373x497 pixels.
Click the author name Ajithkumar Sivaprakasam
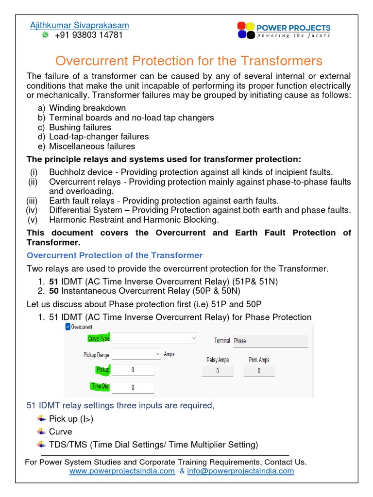pos(80,25)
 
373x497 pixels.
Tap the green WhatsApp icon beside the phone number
pos(45,35)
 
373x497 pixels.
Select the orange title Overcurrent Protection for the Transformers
pos(188,61)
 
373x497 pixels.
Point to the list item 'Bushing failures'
pos(80,127)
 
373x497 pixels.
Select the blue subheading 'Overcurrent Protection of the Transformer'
pos(115,255)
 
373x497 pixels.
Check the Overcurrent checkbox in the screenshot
pos(67,327)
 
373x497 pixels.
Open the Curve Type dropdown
pos(154,338)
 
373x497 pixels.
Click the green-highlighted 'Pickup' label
pos(102,370)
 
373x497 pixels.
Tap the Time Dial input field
pos(133,387)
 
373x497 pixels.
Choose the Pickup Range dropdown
pos(136,354)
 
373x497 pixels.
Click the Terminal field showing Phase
pos(270,341)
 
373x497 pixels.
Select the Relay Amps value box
pos(218,371)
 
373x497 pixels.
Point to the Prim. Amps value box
pos(259,371)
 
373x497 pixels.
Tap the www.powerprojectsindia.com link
pos(122,471)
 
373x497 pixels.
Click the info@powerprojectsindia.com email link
pos(240,471)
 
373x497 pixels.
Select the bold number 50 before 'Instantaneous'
pos(53,291)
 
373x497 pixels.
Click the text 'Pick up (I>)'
pos(71,419)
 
